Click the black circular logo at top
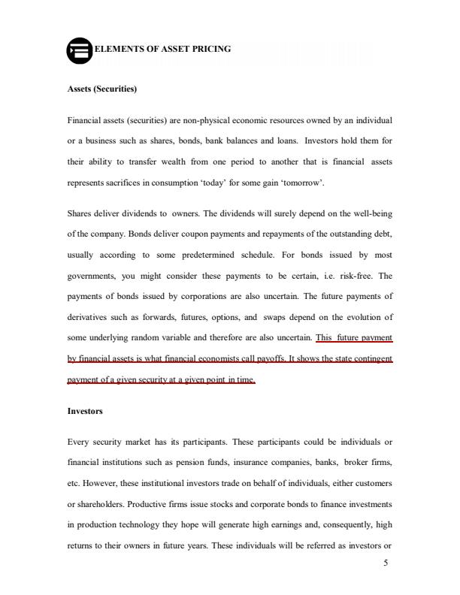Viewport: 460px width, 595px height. (79, 50)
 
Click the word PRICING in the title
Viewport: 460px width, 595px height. (213, 49)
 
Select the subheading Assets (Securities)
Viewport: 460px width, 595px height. (101, 89)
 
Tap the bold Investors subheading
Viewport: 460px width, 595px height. (85, 412)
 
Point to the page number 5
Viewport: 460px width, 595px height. (385, 564)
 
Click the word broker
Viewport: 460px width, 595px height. (356, 455)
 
